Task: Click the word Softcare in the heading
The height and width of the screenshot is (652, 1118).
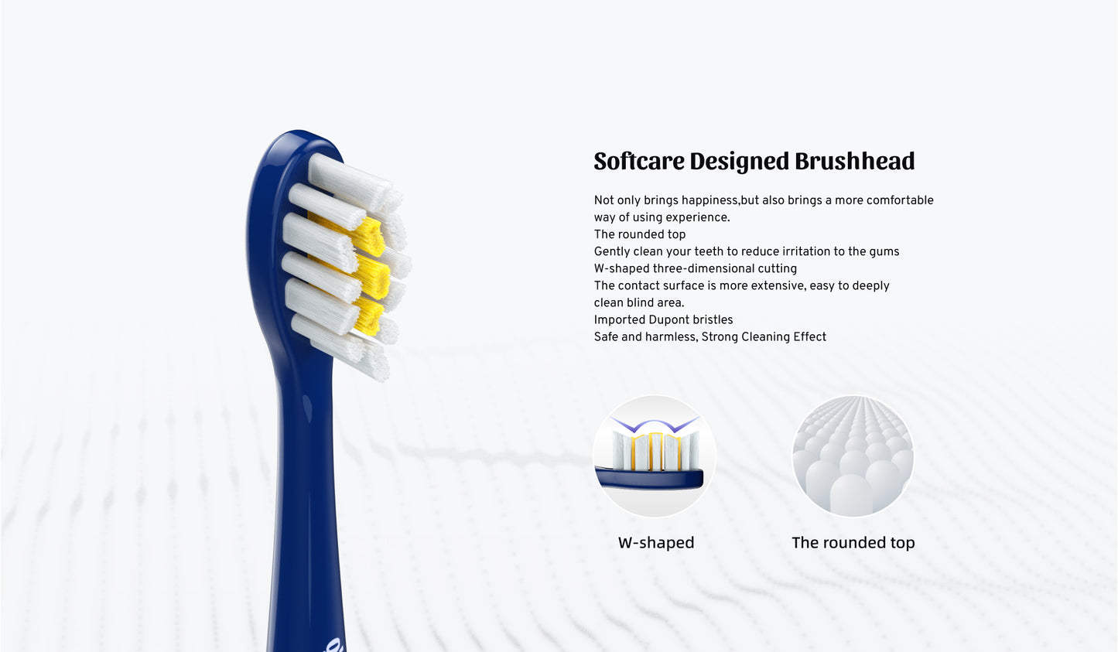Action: point(639,161)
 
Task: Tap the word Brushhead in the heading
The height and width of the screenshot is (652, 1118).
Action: point(854,161)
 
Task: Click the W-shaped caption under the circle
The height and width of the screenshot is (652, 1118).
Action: point(656,542)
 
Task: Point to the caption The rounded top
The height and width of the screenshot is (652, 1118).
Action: point(853,542)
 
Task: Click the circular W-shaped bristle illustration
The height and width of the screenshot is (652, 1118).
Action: point(655,456)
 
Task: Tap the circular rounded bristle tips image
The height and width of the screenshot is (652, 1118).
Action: point(853,456)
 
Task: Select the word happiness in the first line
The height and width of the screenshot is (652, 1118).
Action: point(709,200)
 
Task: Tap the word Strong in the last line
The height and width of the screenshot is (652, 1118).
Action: point(720,338)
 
